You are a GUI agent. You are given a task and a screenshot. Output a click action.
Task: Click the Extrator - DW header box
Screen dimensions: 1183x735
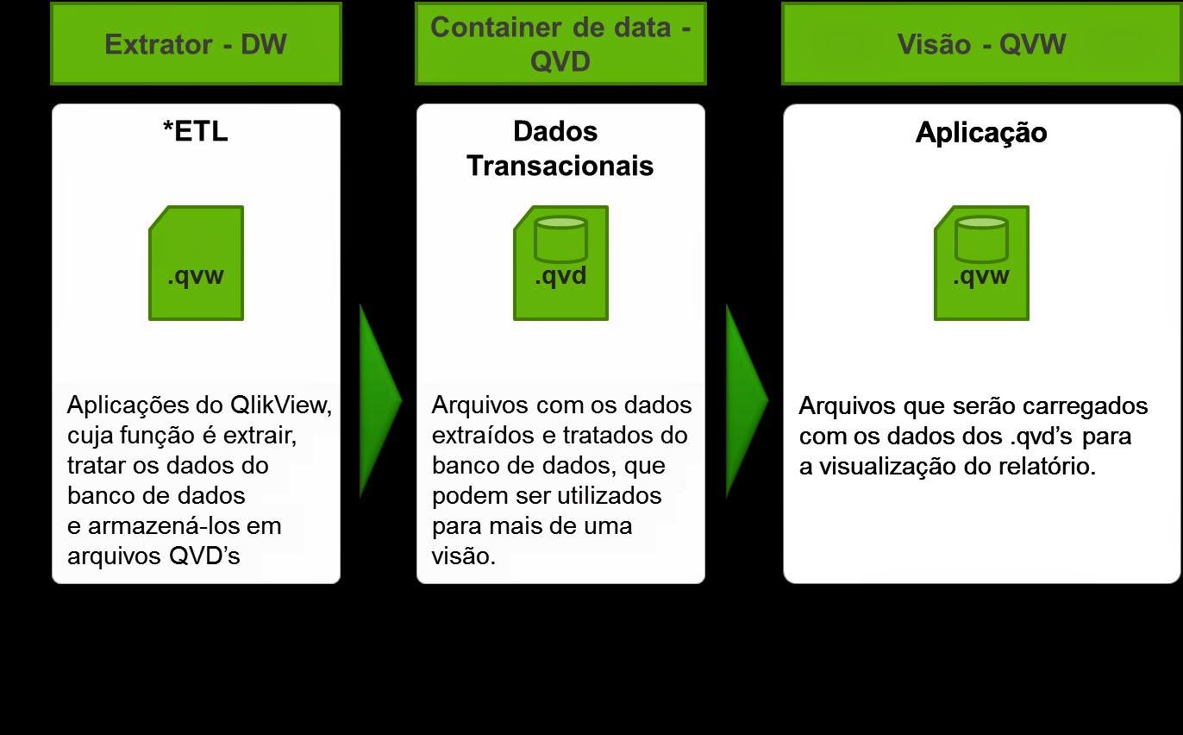tap(196, 44)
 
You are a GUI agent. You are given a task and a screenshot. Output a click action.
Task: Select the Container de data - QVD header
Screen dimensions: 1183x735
tap(560, 44)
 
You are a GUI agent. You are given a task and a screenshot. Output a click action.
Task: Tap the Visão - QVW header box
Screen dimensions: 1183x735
tap(981, 44)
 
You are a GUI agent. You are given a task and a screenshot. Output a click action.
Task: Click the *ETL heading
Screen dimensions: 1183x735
tap(196, 131)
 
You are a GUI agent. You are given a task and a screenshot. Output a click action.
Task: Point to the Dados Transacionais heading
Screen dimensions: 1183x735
tap(560, 148)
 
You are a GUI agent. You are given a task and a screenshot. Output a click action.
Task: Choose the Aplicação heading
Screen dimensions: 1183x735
tap(981, 133)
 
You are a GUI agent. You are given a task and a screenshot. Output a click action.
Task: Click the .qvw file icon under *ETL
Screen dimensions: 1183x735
tap(196, 263)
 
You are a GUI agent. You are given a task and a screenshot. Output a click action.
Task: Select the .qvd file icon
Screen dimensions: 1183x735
tap(560, 263)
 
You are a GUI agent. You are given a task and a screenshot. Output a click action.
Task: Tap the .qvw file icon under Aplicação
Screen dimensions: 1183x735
tap(981, 263)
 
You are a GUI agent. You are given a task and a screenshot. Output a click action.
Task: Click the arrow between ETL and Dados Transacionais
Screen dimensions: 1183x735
tap(378, 400)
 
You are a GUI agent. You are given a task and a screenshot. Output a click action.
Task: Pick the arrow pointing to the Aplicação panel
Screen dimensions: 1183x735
tap(744, 400)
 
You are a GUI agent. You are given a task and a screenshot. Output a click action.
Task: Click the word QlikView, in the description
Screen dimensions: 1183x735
tap(280, 405)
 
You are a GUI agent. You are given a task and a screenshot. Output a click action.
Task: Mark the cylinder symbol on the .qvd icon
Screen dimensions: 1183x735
tap(560, 239)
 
